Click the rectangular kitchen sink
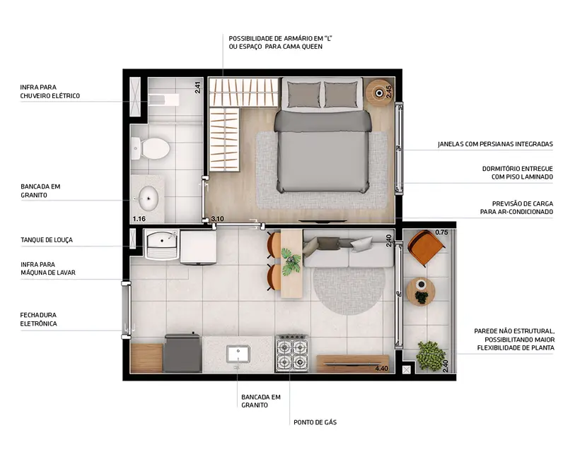click(x=238, y=353)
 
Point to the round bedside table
click(x=381, y=93)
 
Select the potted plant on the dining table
click(x=291, y=261)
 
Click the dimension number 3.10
click(x=218, y=220)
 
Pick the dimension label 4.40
click(x=382, y=369)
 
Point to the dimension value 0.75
click(x=442, y=232)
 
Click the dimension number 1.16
click(x=139, y=220)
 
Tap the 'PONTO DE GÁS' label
click(x=315, y=422)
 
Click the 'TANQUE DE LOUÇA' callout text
click(x=46, y=240)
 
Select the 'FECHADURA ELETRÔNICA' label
click(x=39, y=319)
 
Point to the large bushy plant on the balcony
click(x=429, y=355)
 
